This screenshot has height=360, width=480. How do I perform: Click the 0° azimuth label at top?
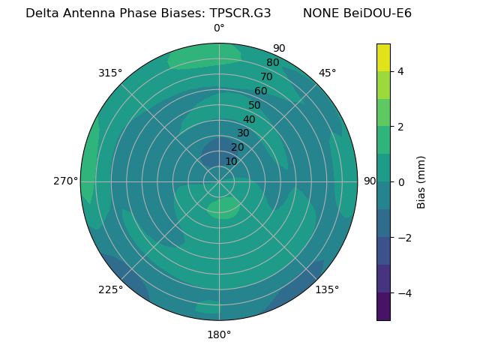(x=219, y=28)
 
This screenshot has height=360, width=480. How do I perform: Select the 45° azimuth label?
(x=328, y=73)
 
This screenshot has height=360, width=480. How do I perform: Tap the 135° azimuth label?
(x=327, y=289)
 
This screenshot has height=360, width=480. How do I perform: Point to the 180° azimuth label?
(x=219, y=334)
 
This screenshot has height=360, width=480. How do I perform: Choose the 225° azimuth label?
(x=110, y=289)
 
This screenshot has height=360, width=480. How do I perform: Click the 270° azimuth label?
(x=65, y=181)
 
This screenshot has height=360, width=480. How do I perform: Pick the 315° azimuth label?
(x=110, y=73)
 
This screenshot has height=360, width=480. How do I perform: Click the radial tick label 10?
(x=231, y=161)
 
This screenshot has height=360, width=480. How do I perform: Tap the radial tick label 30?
(x=243, y=133)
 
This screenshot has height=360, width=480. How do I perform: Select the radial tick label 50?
(x=255, y=106)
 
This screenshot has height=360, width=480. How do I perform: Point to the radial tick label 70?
(x=266, y=76)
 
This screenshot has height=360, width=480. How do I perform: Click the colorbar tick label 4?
(x=400, y=71)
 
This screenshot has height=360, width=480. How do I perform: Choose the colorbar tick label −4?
(x=403, y=293)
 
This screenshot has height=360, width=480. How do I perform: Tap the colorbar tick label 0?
(x=400, y=182)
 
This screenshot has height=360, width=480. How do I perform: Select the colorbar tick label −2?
(x=403, y=238)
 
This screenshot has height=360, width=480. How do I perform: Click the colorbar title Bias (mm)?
(x=421, y=182)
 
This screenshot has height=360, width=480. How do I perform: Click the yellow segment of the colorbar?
(x=383, y=57)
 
